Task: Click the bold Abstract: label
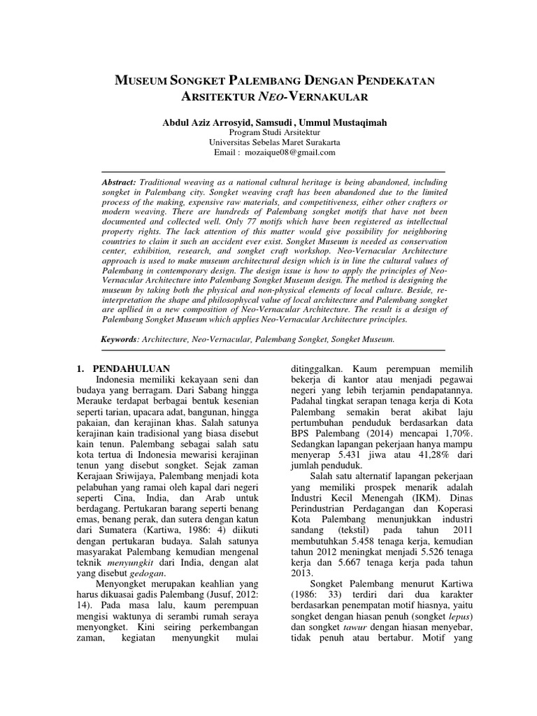[x=119, y=182]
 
